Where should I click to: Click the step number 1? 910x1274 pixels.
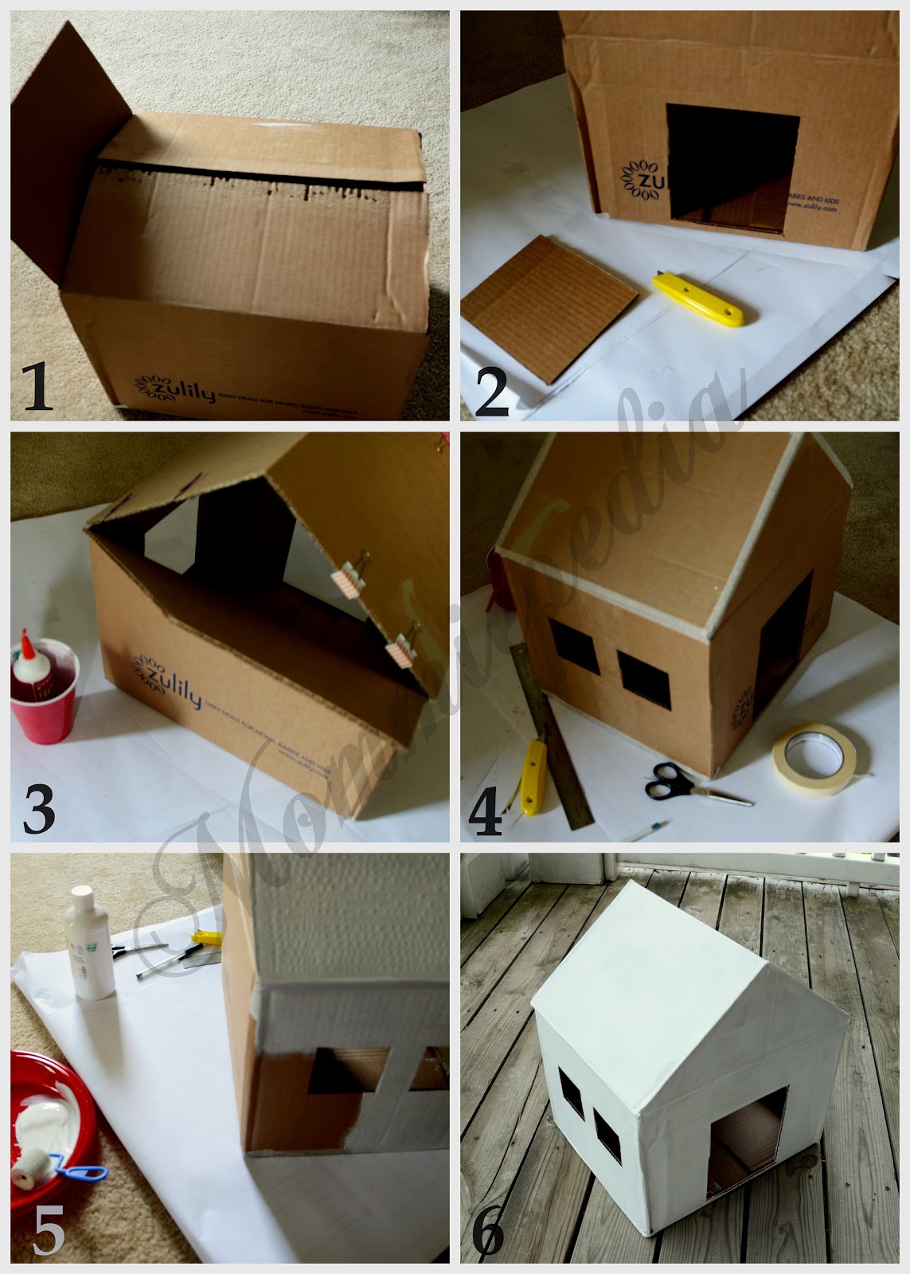[x=37, y=385]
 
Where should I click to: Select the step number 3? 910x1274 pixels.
[x=38, y=805]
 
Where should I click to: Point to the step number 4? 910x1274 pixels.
[x=486, y=807]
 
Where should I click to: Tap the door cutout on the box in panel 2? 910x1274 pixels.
[x=731, y=171]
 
